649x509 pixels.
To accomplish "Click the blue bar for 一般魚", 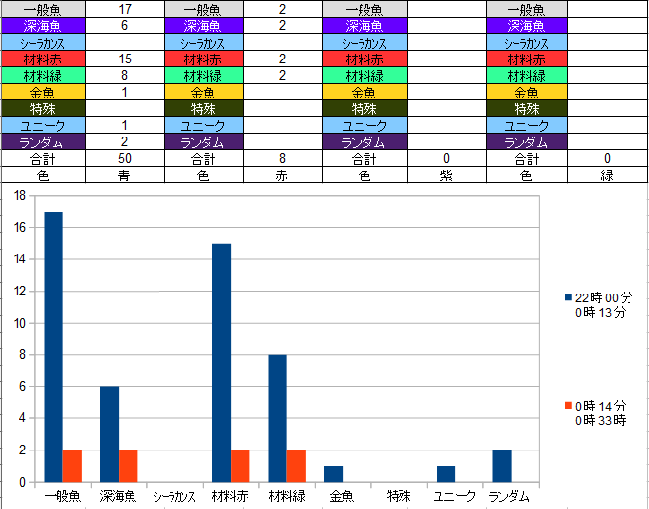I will tap(54, 346).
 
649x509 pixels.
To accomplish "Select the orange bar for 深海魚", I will tap(128, 466).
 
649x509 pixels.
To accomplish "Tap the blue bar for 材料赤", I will tap(221, 362).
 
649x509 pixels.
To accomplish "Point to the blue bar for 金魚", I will tap(333, 474).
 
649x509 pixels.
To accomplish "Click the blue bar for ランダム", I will tap(502, 466).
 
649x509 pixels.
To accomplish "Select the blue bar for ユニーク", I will tap(445, 474).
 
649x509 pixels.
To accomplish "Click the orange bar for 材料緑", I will tap(296, 466).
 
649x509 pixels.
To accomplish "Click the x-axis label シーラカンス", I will tap(174, 496).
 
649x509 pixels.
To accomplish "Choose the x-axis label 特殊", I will tap(399, 496).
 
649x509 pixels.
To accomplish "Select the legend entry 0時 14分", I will tap(598, 405).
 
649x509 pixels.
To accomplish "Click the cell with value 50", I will tap(125, 158).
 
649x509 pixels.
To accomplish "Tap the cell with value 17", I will tap(125, 9).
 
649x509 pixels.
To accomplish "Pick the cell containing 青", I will tap(125, 176).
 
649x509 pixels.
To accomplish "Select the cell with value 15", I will tap(125, 59).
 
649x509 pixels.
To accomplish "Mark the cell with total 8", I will tap(282, 158).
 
